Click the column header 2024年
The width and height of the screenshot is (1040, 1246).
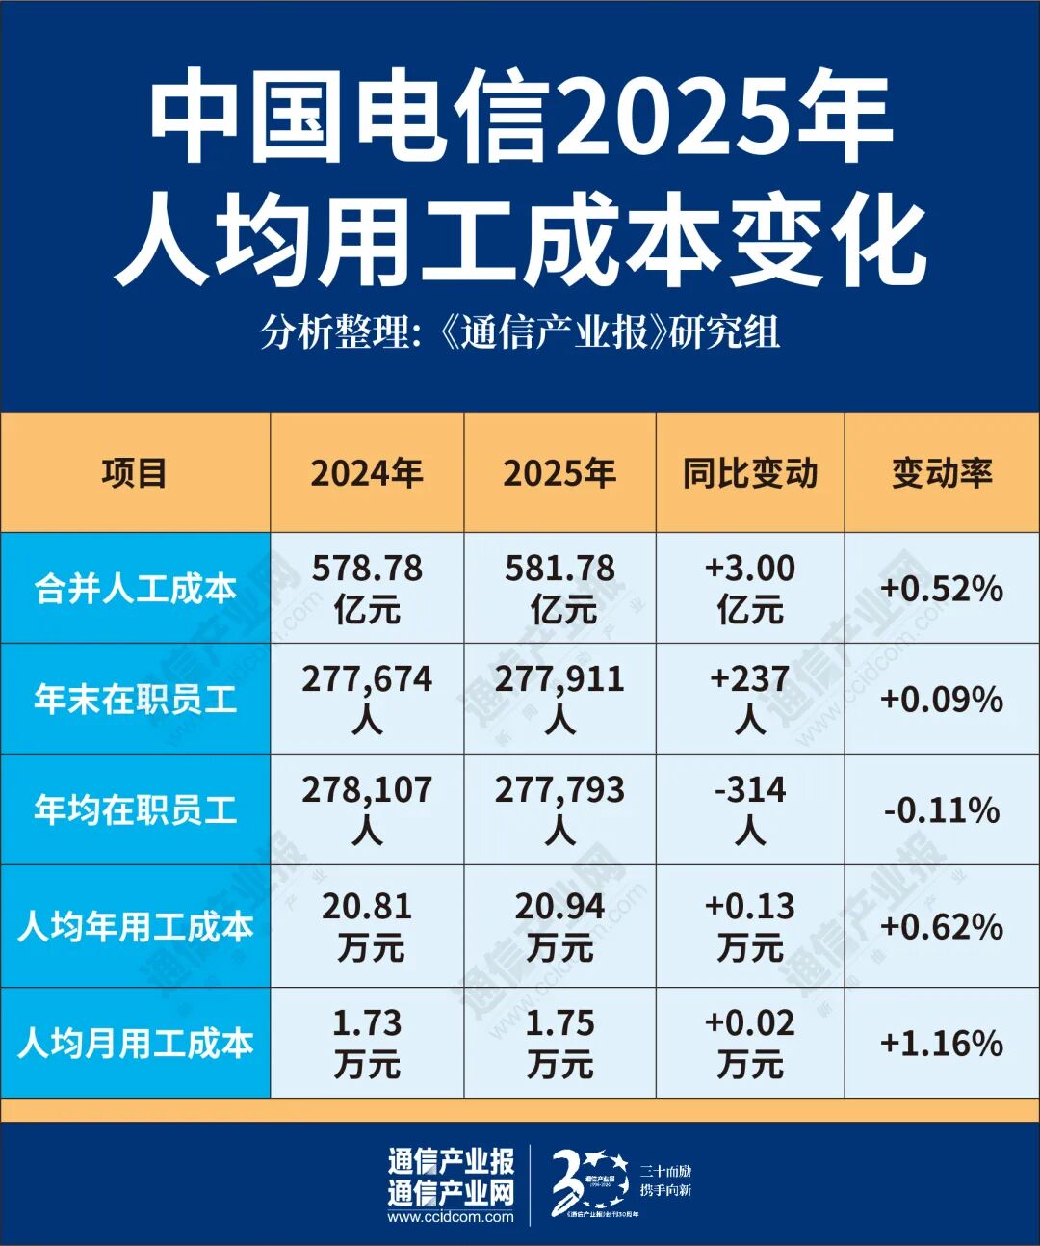(x=367, y=473)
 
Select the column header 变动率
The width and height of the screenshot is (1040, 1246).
(x=941, y=473)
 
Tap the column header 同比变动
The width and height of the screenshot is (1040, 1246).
(x=750, y=473)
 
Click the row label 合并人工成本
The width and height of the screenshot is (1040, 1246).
(x=135, y=588)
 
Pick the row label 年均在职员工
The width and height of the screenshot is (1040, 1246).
(x=135, y=809)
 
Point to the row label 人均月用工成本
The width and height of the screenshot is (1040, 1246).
(x=135, y=1043)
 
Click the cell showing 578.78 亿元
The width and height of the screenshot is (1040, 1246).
(x=367, y=588)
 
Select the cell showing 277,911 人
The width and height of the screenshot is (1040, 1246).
(x=559, y=699)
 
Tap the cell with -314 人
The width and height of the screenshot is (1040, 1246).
(x=750, y=809)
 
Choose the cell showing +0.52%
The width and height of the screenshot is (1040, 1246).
(x=941, y=588)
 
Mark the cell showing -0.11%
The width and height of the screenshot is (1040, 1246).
(x=941, y=809)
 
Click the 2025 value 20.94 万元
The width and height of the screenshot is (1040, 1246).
(x=559, y=926)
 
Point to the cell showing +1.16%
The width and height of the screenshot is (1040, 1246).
(x=941, y=1043)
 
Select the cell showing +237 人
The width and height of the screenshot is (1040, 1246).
(x=750, y=699)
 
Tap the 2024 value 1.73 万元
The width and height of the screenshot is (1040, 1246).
(x=367, y=1043)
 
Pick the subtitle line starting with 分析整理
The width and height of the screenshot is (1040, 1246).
(x=520, y=332)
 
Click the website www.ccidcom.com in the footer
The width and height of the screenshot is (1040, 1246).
(x=451, y=1217)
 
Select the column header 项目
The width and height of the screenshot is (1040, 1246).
(x=135, y=473)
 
